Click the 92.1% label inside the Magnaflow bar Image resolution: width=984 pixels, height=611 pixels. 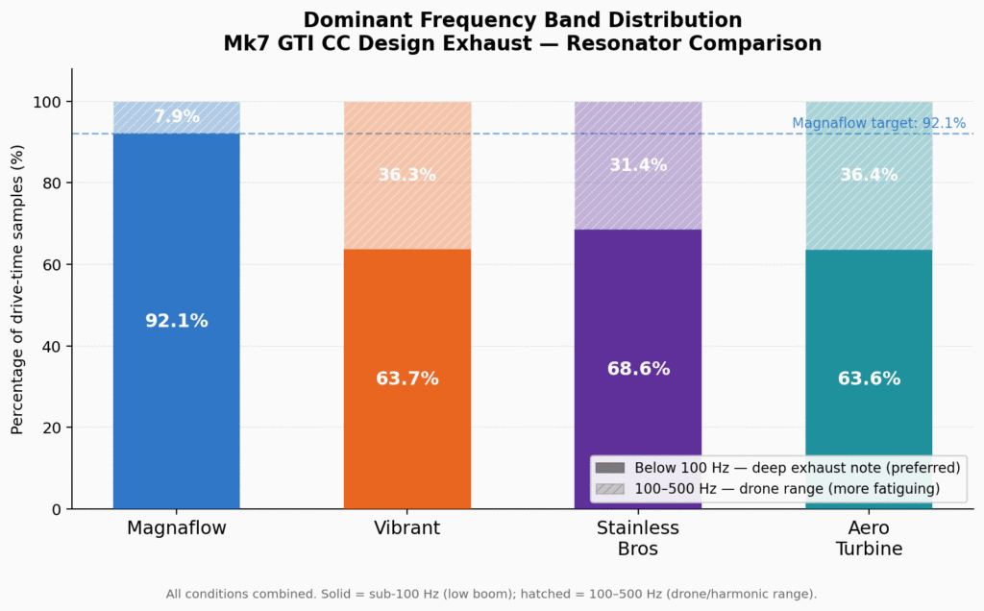point(177,321)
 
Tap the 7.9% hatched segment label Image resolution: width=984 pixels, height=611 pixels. point(177,116)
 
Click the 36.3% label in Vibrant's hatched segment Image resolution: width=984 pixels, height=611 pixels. point(407,175)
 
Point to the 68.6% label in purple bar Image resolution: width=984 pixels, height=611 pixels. point(638,369)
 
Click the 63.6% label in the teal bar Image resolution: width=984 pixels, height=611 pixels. point(869,379)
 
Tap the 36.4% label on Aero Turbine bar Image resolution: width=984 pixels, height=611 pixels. point(869,175)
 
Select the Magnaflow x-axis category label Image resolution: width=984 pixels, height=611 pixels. point(177,528)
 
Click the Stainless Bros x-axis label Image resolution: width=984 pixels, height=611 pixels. point(638,538)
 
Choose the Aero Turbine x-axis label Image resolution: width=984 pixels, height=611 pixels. point(869,538)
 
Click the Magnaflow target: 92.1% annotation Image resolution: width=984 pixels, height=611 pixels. point(878,123)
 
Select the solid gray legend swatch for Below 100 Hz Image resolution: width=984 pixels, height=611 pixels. point(610,468)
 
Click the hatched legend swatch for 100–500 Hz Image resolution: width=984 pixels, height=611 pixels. point(610,489)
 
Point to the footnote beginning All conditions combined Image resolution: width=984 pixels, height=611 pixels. point(491,594)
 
